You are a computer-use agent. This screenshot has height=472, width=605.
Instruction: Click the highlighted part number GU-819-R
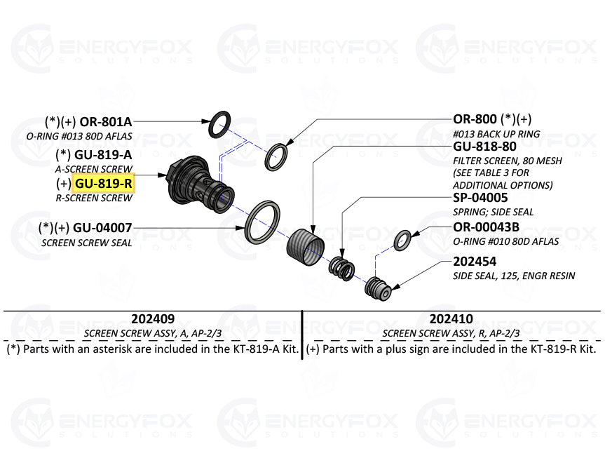click(104, 184)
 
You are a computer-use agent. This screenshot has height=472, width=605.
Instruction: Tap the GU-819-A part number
click(103, 154)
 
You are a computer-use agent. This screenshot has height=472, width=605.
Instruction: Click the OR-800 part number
click(475, 119)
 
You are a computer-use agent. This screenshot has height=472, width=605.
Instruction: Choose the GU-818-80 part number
click(485, 147)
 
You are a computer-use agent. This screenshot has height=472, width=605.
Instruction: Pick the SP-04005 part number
click(480, 198)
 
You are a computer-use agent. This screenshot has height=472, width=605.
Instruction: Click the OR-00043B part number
click(487, 227)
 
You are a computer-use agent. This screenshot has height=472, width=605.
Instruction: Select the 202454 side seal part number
click(475, 262)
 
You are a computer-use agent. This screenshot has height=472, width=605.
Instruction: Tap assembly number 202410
click(451, 318)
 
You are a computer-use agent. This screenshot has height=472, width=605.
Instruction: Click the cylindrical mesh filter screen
click(306, 248)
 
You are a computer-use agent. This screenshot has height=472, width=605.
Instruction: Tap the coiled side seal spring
click(342, 269)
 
